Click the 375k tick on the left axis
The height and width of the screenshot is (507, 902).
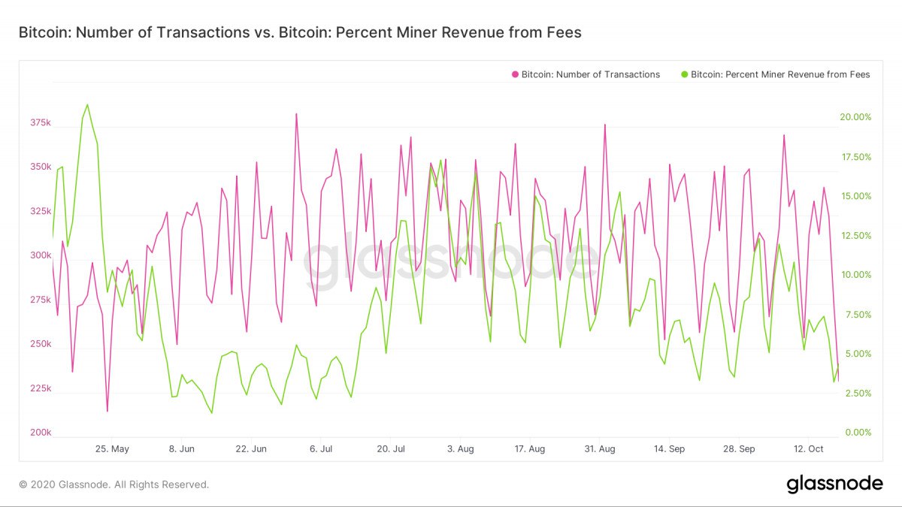(41, 122)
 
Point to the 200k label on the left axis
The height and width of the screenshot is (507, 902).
(41, 433)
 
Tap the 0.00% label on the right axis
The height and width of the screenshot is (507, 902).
(858, 433)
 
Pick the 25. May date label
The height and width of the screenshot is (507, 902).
(112, 449)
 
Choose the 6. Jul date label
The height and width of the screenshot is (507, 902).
(321, 449)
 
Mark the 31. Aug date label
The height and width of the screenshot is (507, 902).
(600, 449)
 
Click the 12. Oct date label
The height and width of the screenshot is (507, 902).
(809, 449)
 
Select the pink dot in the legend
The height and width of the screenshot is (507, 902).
(516, 74)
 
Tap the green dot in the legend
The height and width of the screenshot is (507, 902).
(684, 74)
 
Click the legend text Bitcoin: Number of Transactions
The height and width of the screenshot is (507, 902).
(591, 74)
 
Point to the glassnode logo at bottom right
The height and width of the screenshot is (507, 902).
(834, 484)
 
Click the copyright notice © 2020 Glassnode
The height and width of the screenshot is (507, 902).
(114, 484)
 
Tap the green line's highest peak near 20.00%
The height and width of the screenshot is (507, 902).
(87, 105)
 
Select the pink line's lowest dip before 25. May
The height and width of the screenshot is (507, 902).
(107, 411)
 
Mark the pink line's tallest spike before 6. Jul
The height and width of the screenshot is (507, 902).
(296, 114)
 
